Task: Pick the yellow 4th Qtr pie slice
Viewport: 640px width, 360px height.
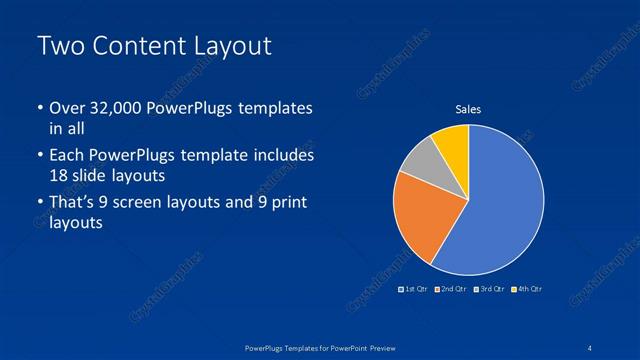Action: (x=452, y=143)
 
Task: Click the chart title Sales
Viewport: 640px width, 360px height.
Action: (x=468, y=109)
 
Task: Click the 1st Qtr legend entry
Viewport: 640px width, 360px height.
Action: (x=413, y=289)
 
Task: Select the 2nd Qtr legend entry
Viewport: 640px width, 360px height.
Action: (x=451, y=289)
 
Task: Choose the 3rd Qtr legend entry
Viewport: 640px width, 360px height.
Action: (x=489, y=289)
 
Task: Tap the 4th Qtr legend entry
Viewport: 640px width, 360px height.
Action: (x=527, y=289)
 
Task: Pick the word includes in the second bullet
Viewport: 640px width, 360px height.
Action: (x=286, y=156)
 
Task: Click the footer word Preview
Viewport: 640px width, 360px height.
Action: (x=383, y=346)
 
